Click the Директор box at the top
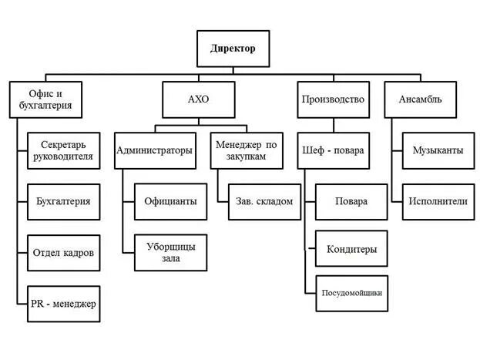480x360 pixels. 233,49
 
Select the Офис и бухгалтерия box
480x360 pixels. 45,99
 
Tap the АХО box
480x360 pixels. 198,99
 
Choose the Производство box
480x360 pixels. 331,99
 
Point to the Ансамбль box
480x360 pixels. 420,99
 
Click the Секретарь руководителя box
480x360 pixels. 63,150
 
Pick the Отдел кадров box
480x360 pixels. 63,253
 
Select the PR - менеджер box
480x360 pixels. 63,303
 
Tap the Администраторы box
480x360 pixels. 154,150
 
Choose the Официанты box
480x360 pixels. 170,201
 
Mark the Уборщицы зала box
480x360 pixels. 170,252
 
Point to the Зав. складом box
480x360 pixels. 264,201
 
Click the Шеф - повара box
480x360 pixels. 333,150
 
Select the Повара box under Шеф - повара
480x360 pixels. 351,201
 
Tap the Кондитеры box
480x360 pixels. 351,249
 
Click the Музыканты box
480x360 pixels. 437,150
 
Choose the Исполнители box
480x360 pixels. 437,201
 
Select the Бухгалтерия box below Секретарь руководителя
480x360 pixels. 63,201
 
